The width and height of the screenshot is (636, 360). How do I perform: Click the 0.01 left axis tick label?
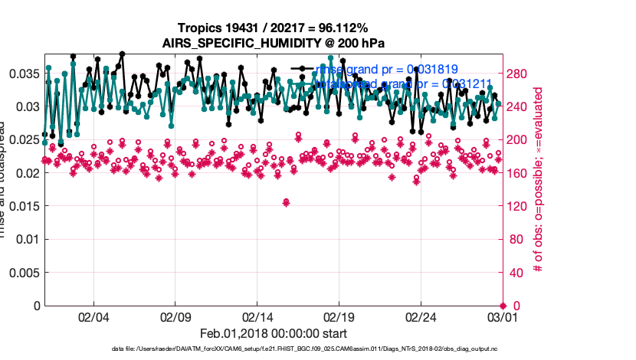[x=28, y=239]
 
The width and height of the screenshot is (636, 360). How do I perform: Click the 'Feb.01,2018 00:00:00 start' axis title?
[x=274, y=334]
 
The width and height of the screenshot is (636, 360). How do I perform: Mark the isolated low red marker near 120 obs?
[x=286, y=202]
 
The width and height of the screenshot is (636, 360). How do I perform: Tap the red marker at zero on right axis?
[x=503, y=306]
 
